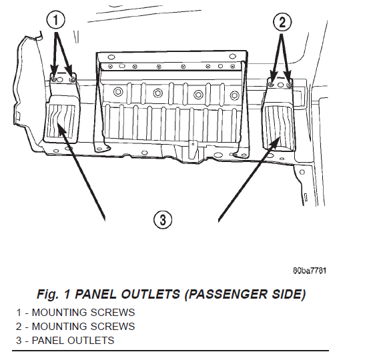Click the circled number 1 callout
[55, 20]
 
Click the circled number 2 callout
[282, 22]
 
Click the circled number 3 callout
[163, 219]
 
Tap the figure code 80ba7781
[310, 271]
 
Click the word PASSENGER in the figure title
[226, 294]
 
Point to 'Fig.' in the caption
[47, 295]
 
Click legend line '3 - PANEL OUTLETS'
[65, 341]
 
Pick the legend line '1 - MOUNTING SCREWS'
[75, 313]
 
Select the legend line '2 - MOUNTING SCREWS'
[75, 327]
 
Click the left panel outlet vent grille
[61, 121]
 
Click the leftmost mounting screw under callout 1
[54, 79]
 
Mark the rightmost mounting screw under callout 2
[290, 85]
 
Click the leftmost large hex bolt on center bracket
[117, 92]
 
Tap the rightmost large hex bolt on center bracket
[235, 95]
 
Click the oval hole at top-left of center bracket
[111, 57]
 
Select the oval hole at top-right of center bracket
[232, 57]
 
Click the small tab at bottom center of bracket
[193, 150]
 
